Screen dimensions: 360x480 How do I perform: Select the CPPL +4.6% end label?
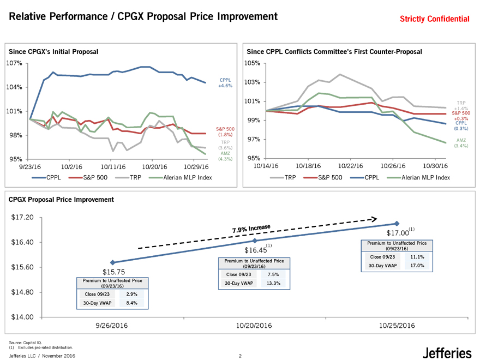tap(225, 82)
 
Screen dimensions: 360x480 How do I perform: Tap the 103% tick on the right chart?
tap(254, 82)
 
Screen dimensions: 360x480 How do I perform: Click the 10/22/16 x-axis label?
tap(351, 166)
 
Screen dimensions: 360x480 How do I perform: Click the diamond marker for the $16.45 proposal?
tap(255, 241)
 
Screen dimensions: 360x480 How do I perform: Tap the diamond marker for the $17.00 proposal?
tap(397, 224)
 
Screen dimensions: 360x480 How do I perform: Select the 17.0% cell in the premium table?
tap(417, 266)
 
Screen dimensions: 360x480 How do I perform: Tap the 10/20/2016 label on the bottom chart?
tap(254, 326)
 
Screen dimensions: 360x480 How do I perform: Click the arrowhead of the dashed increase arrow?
tap(373, 219)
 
